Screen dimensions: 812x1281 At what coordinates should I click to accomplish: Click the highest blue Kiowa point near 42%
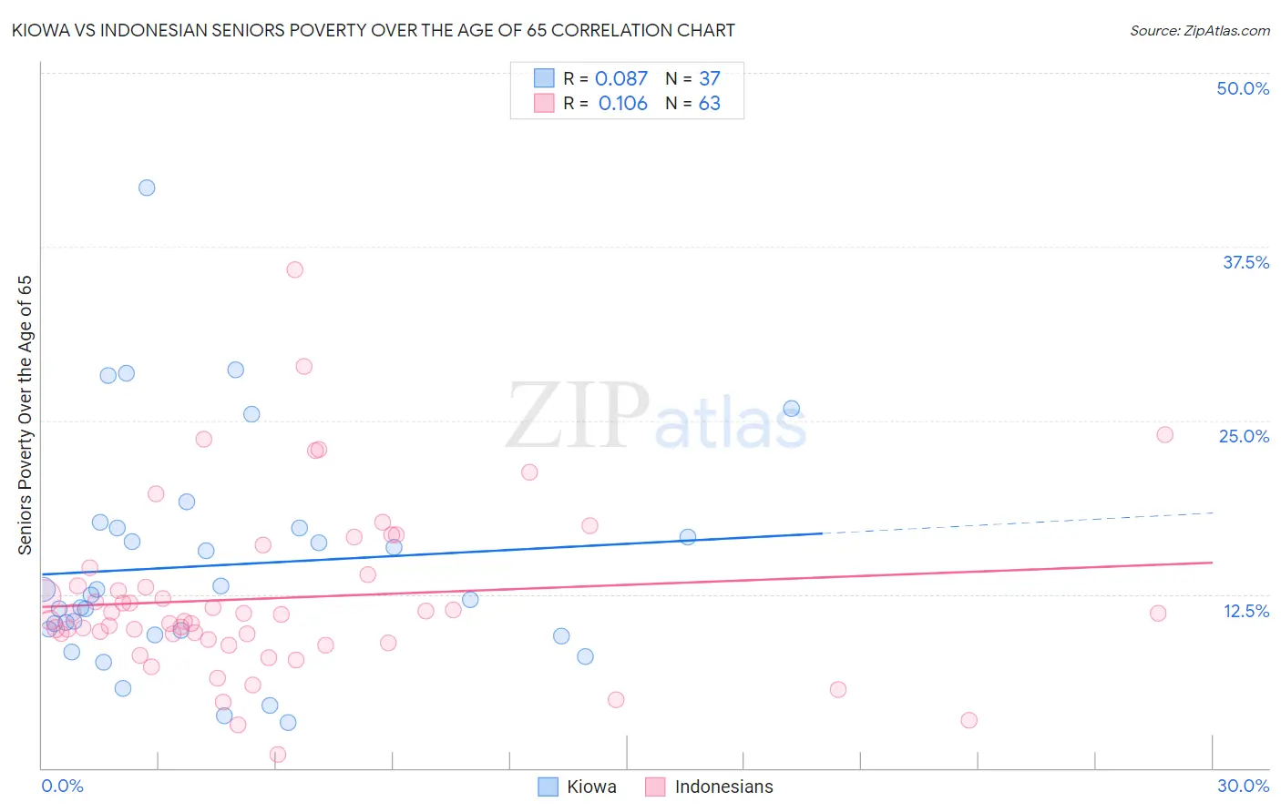(147, 188)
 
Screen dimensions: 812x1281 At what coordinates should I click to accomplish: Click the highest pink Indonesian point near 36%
(294, 269)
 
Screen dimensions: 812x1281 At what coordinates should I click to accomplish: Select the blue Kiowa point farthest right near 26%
(792, 409)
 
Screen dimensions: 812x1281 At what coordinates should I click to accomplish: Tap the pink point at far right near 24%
(1164, 434)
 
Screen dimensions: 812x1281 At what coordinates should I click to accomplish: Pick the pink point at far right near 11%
(1158, 613)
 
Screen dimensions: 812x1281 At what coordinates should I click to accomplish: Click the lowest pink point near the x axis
(278, 754)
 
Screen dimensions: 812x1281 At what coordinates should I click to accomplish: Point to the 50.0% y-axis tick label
(1243, 88)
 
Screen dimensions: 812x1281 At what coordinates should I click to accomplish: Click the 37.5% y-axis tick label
(1245, 262)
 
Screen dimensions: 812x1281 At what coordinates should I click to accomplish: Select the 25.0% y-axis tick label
(1244, 436)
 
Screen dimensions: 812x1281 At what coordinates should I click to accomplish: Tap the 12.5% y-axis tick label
(1245, 611)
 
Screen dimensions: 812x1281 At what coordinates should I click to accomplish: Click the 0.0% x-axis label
(62, 786)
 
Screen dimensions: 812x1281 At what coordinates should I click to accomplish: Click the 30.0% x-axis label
(1243, 786)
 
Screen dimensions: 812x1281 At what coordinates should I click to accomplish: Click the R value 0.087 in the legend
(621, 79)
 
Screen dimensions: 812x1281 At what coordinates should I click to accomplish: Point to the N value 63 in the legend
(709, 104)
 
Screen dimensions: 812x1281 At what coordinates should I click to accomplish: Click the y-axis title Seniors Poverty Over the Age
(26, 414)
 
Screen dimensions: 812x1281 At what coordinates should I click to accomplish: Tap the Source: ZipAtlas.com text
(1199, 30)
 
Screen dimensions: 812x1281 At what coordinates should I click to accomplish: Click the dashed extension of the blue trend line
(1020, 523)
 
